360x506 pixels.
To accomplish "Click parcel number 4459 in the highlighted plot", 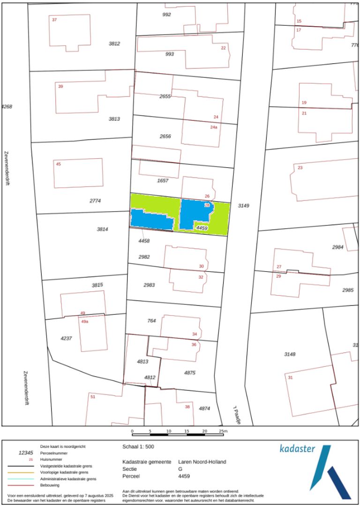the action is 202,228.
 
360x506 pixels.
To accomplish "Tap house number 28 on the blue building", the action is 207,205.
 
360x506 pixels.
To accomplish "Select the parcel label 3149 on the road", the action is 244,205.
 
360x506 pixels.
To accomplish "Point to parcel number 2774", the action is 95,201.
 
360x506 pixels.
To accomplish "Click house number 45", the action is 58,164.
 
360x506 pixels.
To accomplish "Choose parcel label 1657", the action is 163,180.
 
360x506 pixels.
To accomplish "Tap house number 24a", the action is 213,127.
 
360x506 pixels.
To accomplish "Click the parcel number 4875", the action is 189,373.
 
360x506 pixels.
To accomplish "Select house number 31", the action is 290,378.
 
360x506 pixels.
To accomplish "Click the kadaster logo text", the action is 297,449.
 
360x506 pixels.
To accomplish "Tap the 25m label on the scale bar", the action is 223,431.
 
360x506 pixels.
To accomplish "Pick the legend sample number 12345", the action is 26,453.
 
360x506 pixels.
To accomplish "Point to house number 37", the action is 54,20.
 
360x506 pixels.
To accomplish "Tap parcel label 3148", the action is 290,354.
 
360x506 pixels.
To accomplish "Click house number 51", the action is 93,397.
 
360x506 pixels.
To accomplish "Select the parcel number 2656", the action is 165,136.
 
